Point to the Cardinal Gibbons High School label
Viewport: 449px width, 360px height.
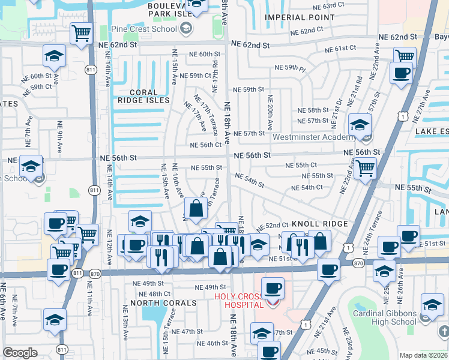[384, 317]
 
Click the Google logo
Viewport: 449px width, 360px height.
[20, 353]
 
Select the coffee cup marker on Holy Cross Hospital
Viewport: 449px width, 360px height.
[273, 289]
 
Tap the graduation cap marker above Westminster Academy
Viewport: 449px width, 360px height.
[360, 125]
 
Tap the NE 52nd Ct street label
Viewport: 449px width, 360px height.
[273, 227]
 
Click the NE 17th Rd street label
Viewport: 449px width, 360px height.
[215, 55]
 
